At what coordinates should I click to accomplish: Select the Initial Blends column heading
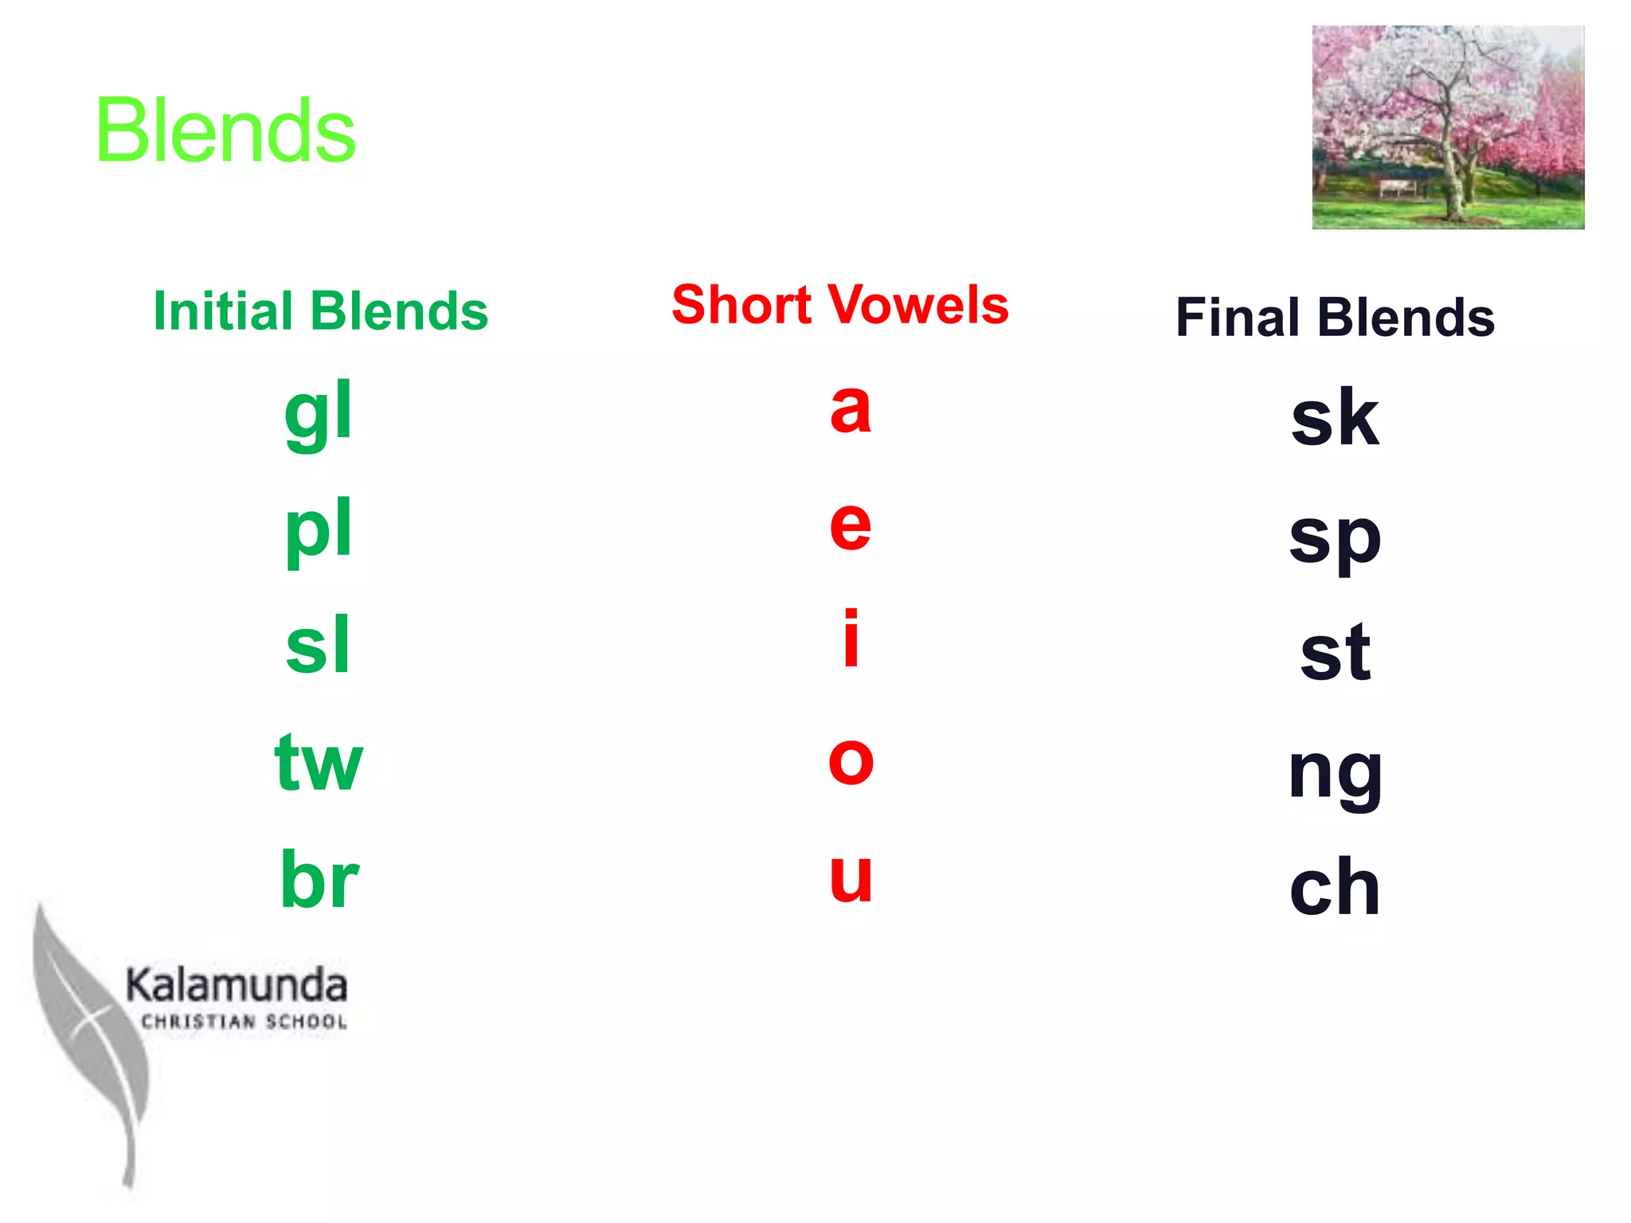[320, 311]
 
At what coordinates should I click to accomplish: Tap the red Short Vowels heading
[840, 304]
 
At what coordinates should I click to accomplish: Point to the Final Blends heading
[1335, 317]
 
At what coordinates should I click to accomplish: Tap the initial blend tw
[319, 763]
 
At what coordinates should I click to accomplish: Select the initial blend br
[319, 879]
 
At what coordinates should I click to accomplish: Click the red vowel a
[851, 408]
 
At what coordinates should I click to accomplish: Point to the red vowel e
[851, 525]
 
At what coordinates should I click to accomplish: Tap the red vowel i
[851, 639]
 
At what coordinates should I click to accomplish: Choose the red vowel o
[851, 760]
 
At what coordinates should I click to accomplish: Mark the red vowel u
[851, 877]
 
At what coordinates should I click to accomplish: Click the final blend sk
[1335, 418]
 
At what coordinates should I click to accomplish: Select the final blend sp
[1335, 537]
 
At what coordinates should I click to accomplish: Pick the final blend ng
[1335, 772]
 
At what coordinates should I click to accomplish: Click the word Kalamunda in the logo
[237, 986]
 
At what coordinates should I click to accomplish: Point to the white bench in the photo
[1398, 187]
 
